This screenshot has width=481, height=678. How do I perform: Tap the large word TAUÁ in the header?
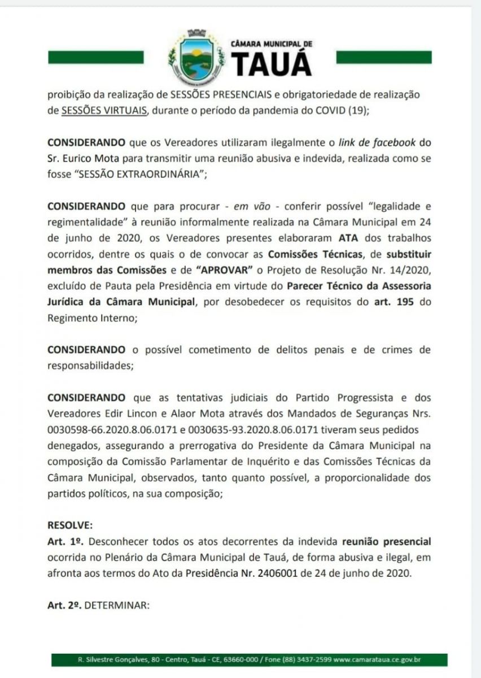[272, 63]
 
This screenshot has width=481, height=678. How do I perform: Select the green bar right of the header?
[384, 57]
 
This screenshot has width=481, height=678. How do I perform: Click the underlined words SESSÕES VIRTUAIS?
[104, 110]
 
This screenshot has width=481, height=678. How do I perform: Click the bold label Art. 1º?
[64, 541]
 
